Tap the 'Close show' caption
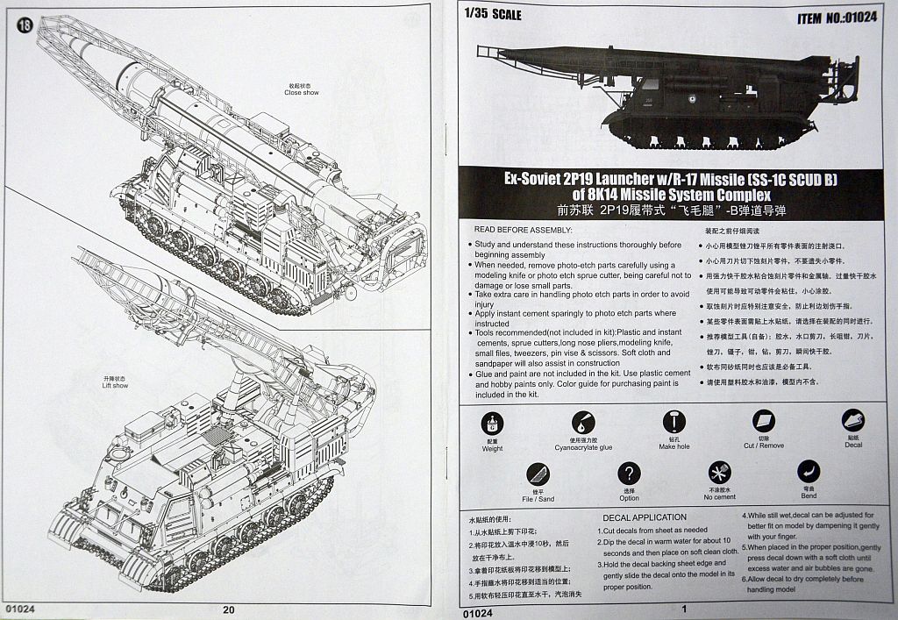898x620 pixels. coord(301,92)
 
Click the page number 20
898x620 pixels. coord(229,610)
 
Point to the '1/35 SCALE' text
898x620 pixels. coord(495,14)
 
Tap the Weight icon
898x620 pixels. coord(493,422)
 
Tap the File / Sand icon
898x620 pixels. coord(538,474)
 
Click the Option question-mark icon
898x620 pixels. coord(629,474)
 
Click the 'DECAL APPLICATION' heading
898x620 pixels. coord(644,517)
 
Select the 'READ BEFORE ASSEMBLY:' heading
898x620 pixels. coord(524,229)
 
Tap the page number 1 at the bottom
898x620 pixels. coord(681,609)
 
